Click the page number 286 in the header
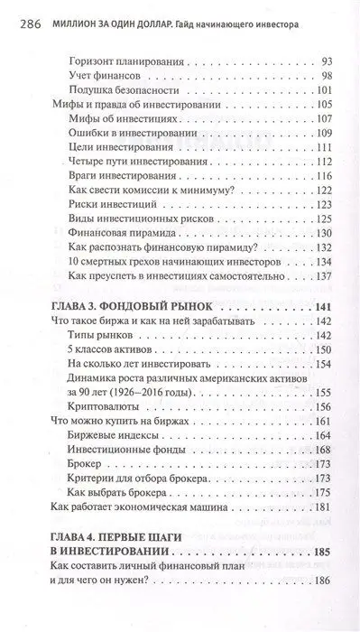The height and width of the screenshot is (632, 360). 21,13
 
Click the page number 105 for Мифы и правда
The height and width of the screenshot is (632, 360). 324,107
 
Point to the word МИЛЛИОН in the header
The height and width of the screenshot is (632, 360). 72,13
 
